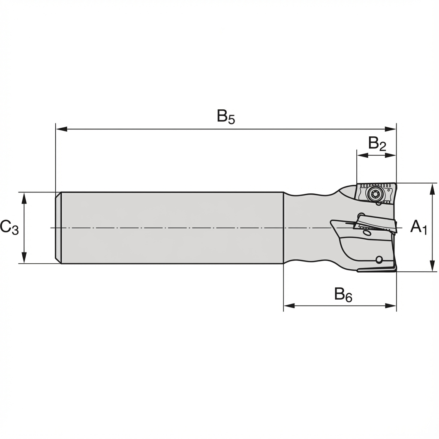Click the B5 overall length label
point(226,117)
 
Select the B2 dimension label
point(377,144)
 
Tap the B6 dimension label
point(343,295)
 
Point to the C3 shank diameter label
point(9,227)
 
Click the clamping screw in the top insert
point(374,194)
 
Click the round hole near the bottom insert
point(379,259)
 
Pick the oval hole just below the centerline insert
point(367,233)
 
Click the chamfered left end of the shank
point(59,227)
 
